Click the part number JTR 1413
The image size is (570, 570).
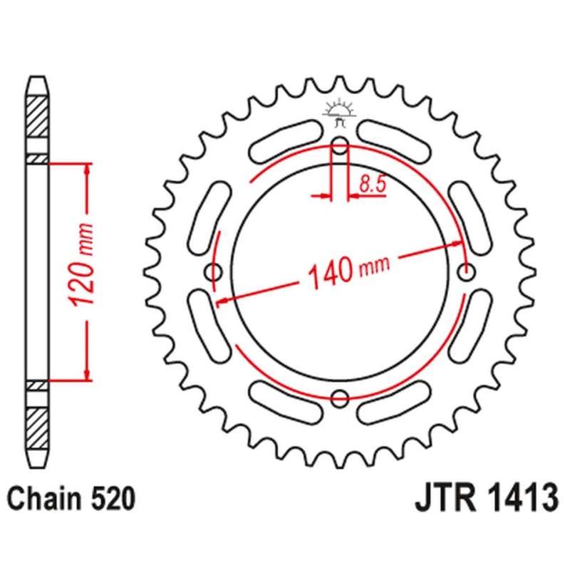click(x=485, y=497)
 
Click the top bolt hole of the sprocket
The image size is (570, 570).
click(x=341, y=147)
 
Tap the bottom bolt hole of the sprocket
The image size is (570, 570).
click(x=341, y=397)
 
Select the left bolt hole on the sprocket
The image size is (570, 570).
click(x=212, y=271)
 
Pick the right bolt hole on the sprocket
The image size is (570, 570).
click(x=467, y=271)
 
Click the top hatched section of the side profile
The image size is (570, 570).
click(x=38, y=114)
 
